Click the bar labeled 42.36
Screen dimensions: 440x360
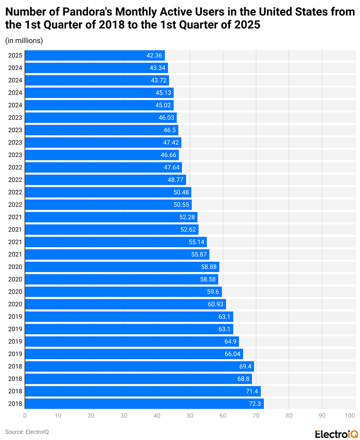tap(95, 55)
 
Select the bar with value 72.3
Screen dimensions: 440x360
tap(144, 404)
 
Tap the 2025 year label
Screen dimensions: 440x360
tap(15, 55)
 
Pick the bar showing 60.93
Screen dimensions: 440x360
tap(125, 304)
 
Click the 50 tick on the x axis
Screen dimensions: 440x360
tap(190, 416)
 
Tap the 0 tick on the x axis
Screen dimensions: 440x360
tap(25, 416)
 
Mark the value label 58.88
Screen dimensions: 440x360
tap(209, 267)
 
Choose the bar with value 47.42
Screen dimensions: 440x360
tap(103, 143)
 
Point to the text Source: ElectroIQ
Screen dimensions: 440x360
tap(27, 431)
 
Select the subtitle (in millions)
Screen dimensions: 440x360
tap(24, 41)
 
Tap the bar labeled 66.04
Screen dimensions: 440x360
tap(134, 354)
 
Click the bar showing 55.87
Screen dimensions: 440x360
tap(117, 254)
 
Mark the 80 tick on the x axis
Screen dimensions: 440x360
tap(289, 416)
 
